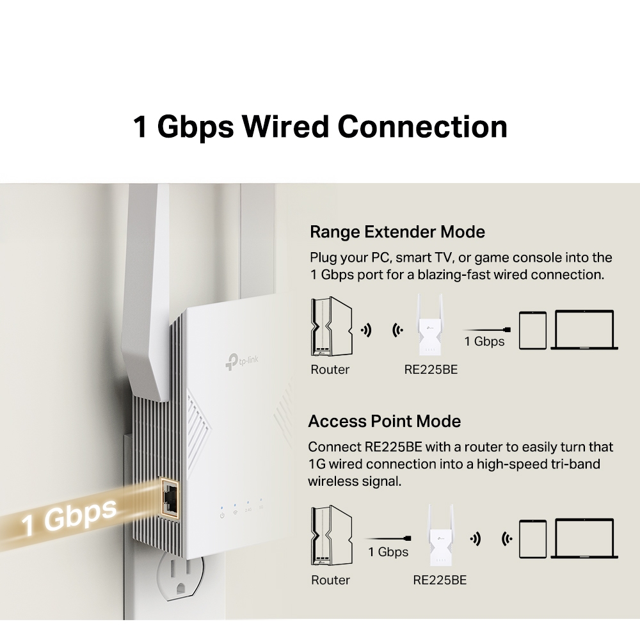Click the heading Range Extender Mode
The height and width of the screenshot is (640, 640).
point(397,231)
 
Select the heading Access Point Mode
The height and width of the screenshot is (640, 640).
point(384,421)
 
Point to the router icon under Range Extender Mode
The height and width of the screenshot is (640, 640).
point(330,327)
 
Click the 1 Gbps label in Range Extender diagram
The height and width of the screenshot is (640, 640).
point(484,341)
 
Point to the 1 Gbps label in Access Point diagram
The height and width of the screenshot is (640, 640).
point(388,552)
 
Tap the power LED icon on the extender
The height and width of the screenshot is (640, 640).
point(221,515)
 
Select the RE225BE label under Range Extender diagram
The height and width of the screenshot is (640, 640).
point(431,369)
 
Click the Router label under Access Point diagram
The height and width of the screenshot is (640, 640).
point(330,580)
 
